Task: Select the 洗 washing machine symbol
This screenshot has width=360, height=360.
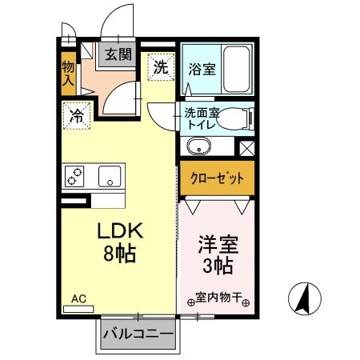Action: tap(161, 66)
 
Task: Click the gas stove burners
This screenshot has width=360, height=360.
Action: tap(76, 175)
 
